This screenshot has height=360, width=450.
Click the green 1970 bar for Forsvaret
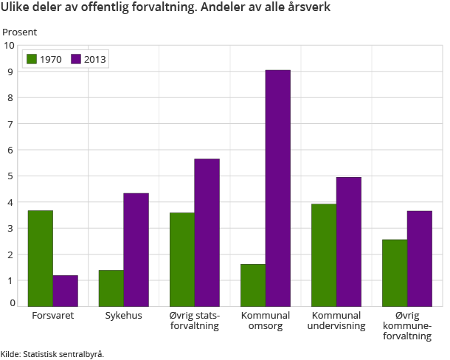click(x=41, y=258)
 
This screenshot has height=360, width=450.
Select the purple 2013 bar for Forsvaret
click(x=66, y=291)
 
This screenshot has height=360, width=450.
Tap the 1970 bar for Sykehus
click(x=111, y=288)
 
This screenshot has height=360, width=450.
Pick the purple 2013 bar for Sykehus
click(x=136, y=249)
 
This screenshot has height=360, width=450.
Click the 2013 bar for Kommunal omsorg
click(x=278, y=188)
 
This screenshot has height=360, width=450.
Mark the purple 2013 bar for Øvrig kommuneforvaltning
click(x=420, y=258)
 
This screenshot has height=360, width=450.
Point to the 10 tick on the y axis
click(x=10, y=46)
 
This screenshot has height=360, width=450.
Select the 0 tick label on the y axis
click(x=12, y=302)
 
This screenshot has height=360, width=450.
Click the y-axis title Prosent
click(x=20, y=32)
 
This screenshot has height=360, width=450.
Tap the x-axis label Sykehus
click(x=123, y=316)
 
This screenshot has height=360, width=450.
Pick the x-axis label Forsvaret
click(x=52, y=316)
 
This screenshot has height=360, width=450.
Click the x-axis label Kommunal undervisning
click(x=336, y=321)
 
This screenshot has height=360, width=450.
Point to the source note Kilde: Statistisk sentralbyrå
click(x=52, y=354)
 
